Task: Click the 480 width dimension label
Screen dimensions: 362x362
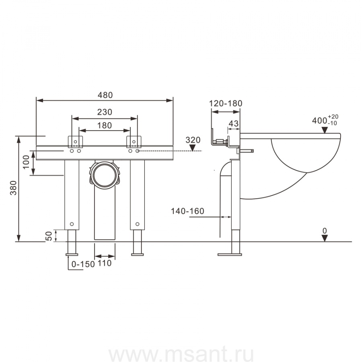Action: tap(105, 95)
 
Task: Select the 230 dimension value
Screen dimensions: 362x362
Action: tap(105, 112)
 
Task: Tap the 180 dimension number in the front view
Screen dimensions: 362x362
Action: tap(105, 125)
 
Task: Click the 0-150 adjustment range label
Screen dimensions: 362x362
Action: tap(82, 264)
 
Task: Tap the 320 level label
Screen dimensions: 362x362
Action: tap(193, 140)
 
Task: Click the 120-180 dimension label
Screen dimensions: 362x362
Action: tap(225, 103)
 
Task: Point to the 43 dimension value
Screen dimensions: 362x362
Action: tap(234, 123)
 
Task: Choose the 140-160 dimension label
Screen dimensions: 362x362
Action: tap(187, 211)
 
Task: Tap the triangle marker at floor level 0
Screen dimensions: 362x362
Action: tap(325, 238)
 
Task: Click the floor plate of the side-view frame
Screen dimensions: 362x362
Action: tap(230, 254)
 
